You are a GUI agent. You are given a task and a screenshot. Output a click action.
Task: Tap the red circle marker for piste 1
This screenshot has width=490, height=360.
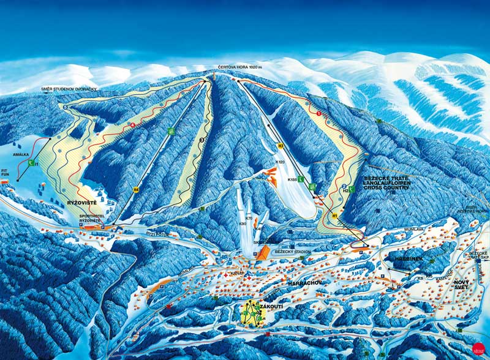(318, 113)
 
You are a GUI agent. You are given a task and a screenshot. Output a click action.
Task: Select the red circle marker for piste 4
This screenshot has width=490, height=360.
(132, 126)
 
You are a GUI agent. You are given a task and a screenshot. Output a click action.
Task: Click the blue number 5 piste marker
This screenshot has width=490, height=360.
(65, 107)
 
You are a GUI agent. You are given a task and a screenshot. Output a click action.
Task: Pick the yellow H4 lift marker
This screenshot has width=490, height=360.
(136, 189)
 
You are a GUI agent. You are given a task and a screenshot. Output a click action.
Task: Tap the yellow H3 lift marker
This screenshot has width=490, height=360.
(281, 146)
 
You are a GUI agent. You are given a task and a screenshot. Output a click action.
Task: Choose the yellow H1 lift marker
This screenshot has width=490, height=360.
(335, 216)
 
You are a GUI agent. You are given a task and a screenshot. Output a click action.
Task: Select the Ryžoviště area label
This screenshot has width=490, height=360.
(81, 201)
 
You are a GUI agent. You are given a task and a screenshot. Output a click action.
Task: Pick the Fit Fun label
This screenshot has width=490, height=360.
(5, 174)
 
